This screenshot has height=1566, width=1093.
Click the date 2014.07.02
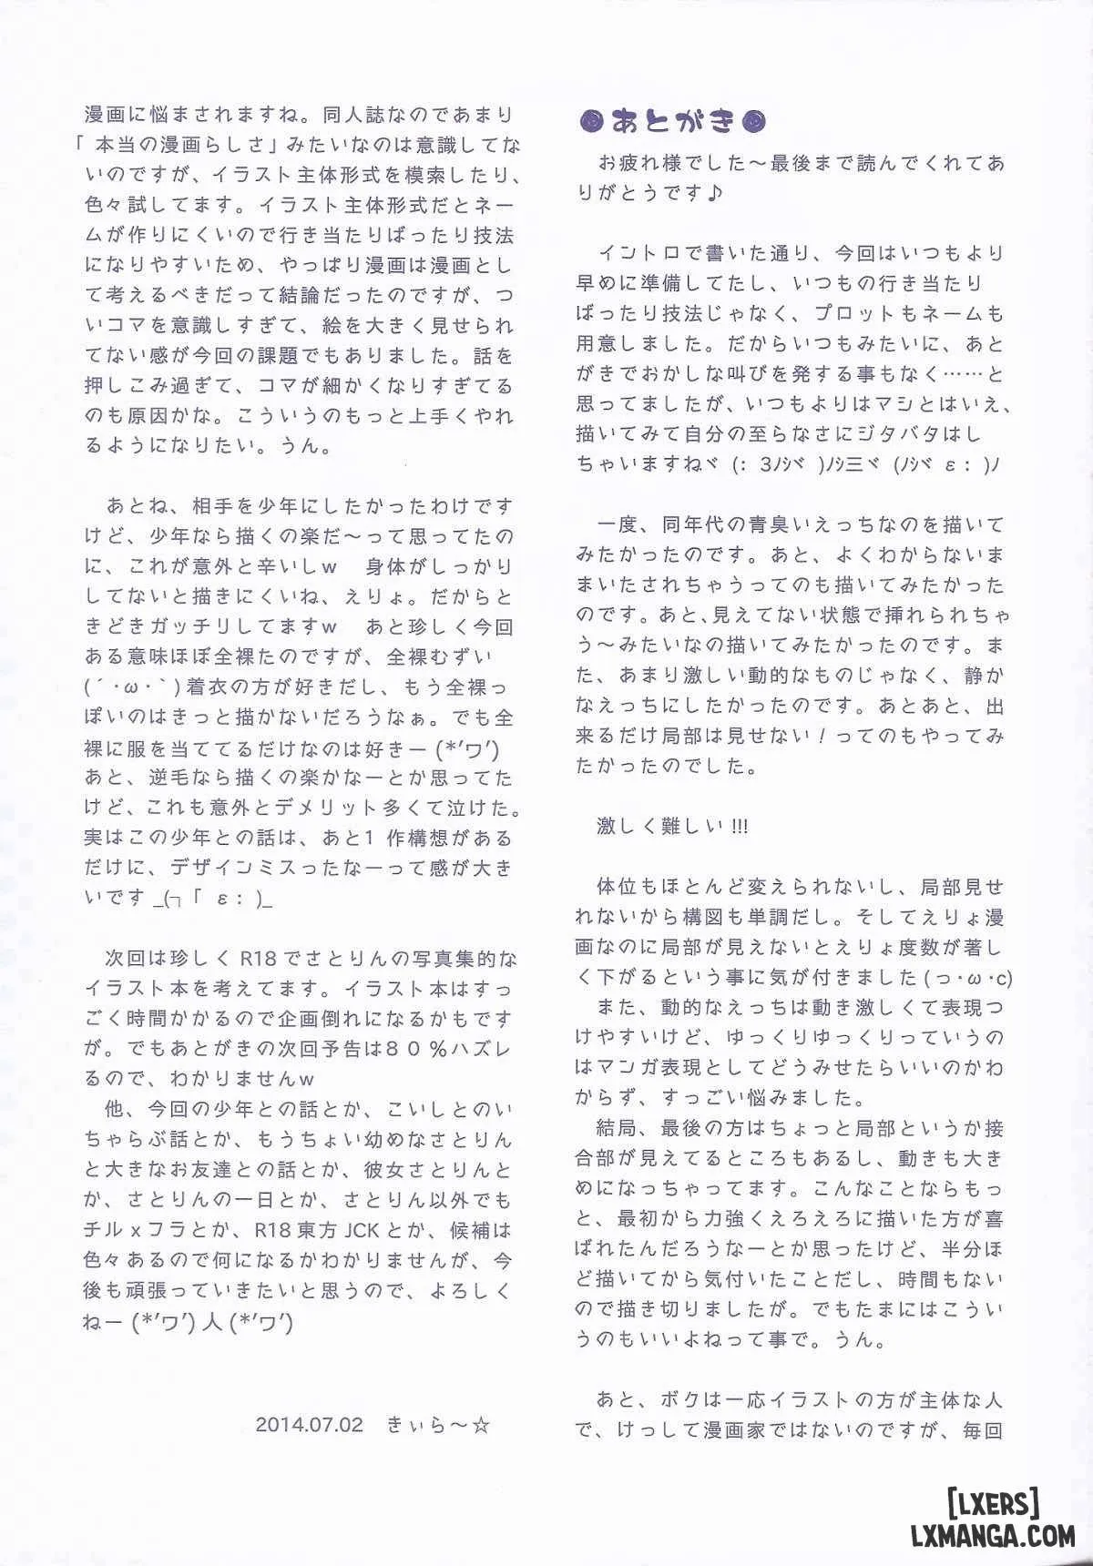click(x=310, y=1424)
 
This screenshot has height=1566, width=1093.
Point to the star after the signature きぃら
click(x=482, y=1424)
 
